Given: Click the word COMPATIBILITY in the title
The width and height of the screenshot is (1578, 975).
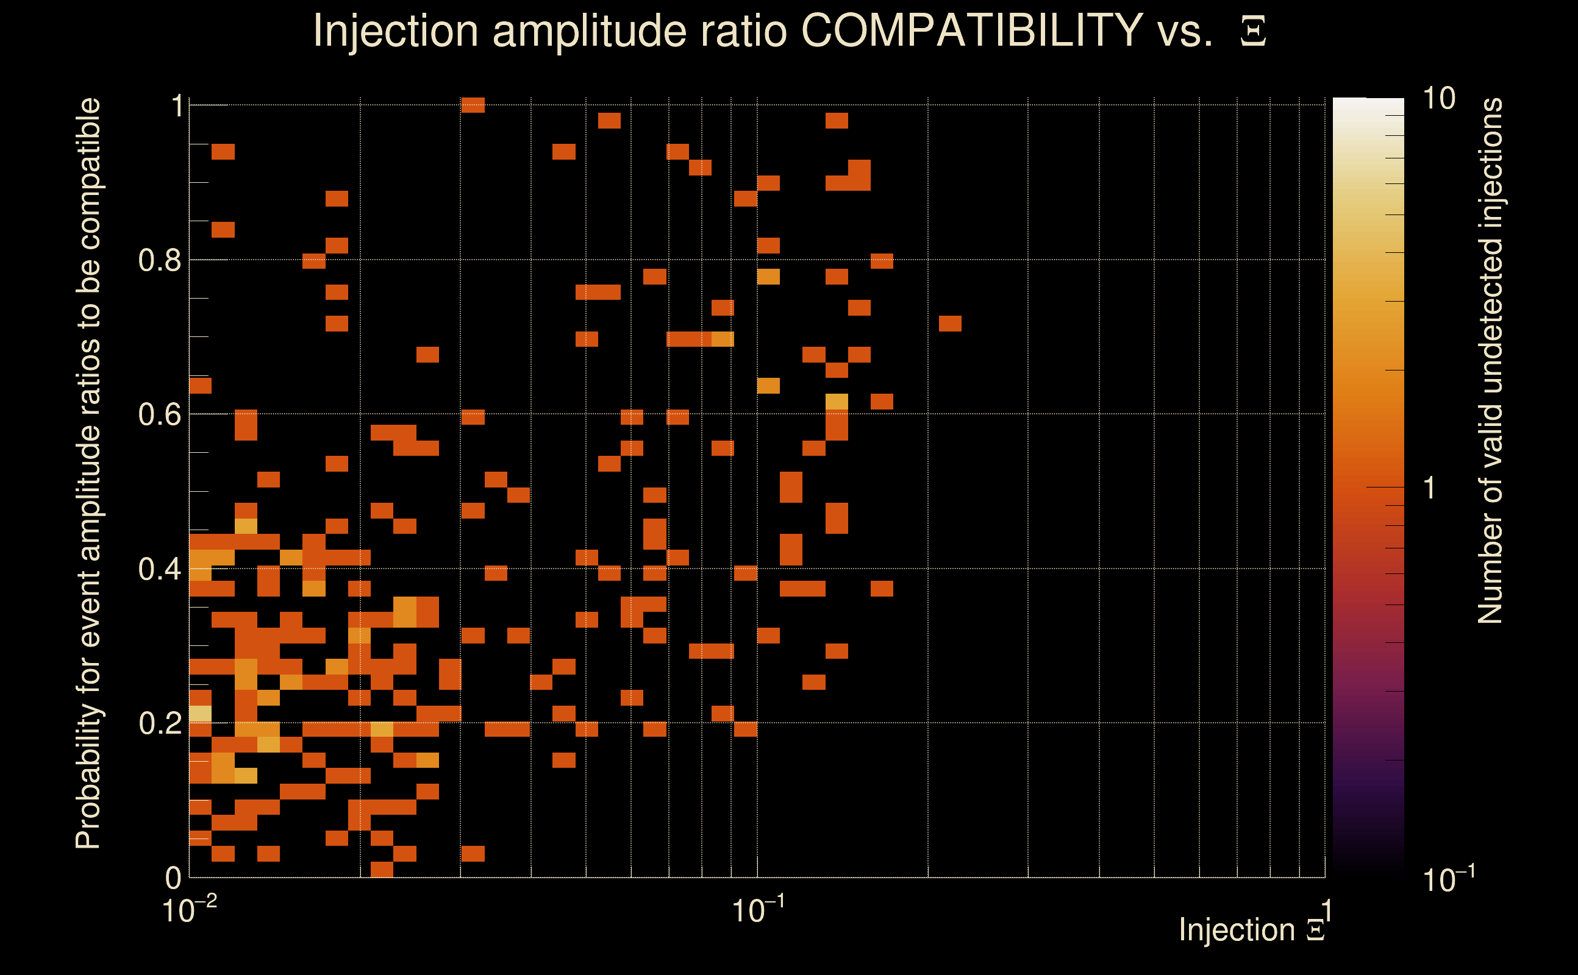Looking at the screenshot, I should (x=971, y=30).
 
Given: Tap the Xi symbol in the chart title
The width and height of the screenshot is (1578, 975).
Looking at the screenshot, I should (x=1253, y=32).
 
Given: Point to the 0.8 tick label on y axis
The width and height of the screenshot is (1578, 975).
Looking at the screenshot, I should (x=160, y=261).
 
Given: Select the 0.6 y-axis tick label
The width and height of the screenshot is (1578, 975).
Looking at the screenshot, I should (x=160, y=414).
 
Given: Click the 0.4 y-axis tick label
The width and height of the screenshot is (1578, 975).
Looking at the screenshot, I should (x=160, y=569).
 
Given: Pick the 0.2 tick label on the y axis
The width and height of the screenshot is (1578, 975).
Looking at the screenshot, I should (x=160, y=723).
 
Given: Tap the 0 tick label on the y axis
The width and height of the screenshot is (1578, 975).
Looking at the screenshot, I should (x=173, y=877).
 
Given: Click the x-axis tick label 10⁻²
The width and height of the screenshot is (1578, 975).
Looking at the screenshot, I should (x=188, y=910).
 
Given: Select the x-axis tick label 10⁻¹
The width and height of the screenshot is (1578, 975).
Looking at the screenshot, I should (x=758, y=910).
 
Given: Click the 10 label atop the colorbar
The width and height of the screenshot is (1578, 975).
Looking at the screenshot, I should (x=1438, y=99).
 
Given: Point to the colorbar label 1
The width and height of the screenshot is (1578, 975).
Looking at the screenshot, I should (x=1430, y=488).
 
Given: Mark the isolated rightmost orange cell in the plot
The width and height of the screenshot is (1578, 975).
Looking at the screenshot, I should (x=949, y=323).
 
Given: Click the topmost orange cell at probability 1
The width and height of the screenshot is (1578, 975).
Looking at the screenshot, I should (x=473, y=105).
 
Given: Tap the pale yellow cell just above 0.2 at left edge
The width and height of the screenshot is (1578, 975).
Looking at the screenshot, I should (x=200, y=714).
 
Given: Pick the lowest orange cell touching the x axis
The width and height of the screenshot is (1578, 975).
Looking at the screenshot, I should (x=382, y=869).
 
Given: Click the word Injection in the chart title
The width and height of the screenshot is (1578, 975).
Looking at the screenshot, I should (x=395, y=30).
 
